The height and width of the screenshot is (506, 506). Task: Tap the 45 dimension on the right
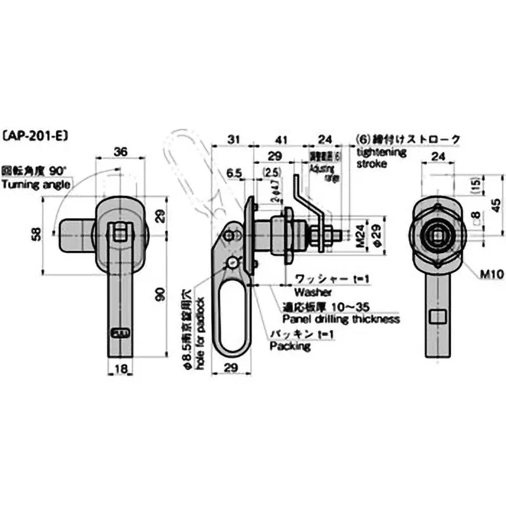(495, 204)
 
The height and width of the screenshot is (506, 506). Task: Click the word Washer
(308, 293)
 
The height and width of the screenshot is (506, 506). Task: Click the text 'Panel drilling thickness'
(340, 319)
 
